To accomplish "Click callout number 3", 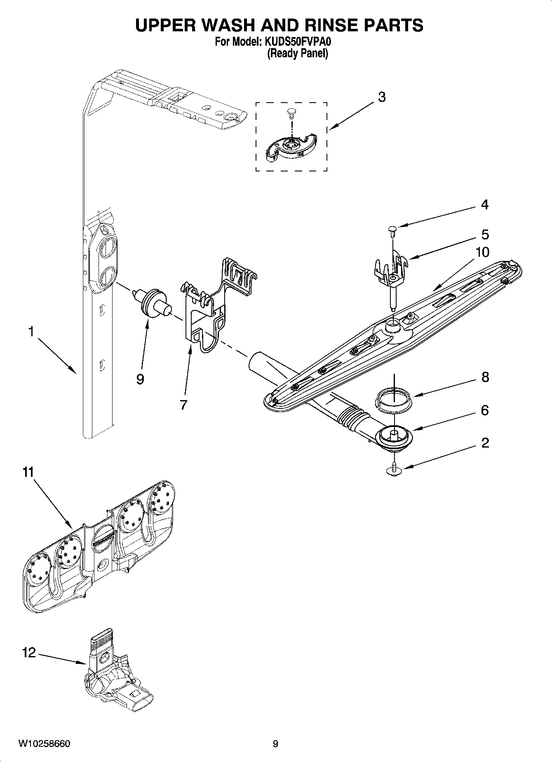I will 382,97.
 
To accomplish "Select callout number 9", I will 140,379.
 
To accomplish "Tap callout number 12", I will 29,653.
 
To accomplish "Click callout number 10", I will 482,252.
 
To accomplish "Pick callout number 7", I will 183,405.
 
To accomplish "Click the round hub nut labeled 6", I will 395,436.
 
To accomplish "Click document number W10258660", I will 44,744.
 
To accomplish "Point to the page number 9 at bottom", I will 275,744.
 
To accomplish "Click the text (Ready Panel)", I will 297,53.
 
